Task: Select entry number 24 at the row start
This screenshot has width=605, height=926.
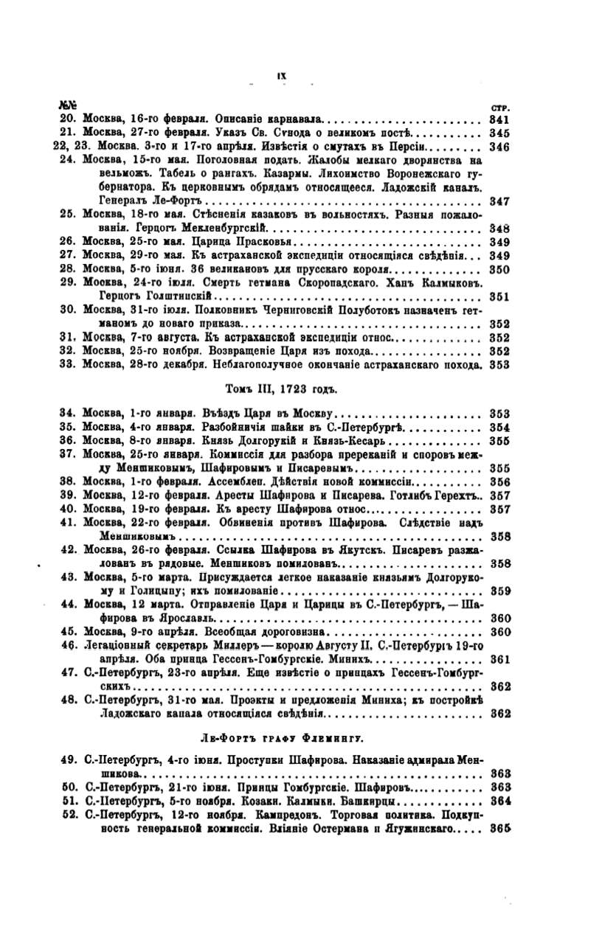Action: click(x=69, y=160)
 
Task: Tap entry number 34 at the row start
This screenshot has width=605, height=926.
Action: click(x=69, y=413)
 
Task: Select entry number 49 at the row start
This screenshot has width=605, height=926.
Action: click(x=69, y=760)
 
